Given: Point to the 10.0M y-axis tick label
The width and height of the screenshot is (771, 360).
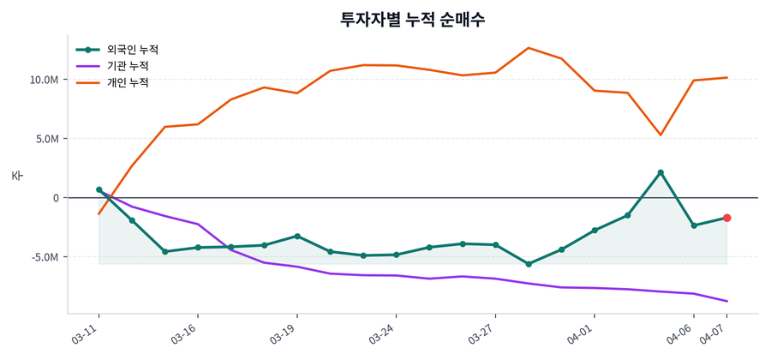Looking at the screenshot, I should click(44, 80).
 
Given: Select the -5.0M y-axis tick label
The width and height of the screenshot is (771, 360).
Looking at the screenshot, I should click(45, 257).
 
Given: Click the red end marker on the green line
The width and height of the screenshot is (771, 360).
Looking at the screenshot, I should click(726, 218).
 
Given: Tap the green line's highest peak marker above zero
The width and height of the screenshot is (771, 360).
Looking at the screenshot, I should click(660, 172).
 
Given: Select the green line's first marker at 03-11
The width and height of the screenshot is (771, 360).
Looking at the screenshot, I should click(99, 189).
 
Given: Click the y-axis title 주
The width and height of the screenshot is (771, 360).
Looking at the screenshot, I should click(17, 175).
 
